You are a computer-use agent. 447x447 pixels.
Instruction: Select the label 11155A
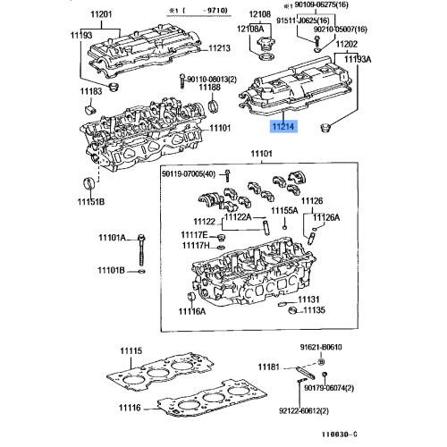click(284, 210)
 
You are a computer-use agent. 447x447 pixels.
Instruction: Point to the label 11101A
click(114, 238)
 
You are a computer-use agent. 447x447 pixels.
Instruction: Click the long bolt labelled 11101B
click(114, 271)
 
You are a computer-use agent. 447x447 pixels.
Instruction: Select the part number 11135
click(312, 311)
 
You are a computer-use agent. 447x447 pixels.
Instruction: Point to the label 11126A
click(326, 217)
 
